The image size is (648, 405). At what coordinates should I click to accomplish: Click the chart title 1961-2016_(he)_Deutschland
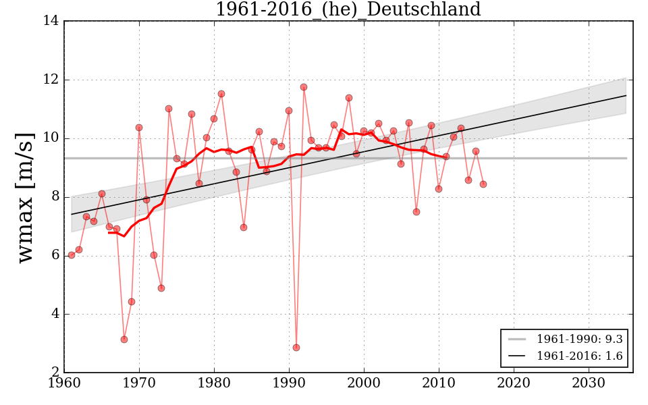(x=348, y=10)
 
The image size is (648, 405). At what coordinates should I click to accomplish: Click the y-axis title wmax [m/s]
(x=26, y=197)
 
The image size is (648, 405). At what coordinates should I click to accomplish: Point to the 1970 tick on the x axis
(x=139, y=383)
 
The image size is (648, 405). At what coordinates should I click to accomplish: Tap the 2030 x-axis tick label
(x=589, y=383)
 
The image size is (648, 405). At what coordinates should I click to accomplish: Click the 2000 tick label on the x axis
(x=364, y=383)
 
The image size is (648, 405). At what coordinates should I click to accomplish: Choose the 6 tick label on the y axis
(x=53, y=256)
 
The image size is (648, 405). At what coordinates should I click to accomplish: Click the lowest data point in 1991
(x=296, y=348)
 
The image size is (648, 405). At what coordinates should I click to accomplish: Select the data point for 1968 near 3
(x=124, y=340)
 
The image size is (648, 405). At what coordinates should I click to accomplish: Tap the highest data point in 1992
(x=304, y=87)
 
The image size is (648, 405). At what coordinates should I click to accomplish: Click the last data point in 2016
(x=483, y=184)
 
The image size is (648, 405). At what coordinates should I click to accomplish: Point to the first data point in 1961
(x=72, y=255)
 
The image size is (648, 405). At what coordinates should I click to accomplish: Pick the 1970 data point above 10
(x=139, y=128)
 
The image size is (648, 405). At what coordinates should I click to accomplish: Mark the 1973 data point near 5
(x=161, y=288)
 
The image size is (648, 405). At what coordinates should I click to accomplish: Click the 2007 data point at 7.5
(x=416, y=212)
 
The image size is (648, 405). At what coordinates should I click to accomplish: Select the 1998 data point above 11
(x=349, y=98)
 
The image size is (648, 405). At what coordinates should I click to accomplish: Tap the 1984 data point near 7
(x=244, y=227)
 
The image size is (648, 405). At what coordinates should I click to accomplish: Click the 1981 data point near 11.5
(x=221, y=94)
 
